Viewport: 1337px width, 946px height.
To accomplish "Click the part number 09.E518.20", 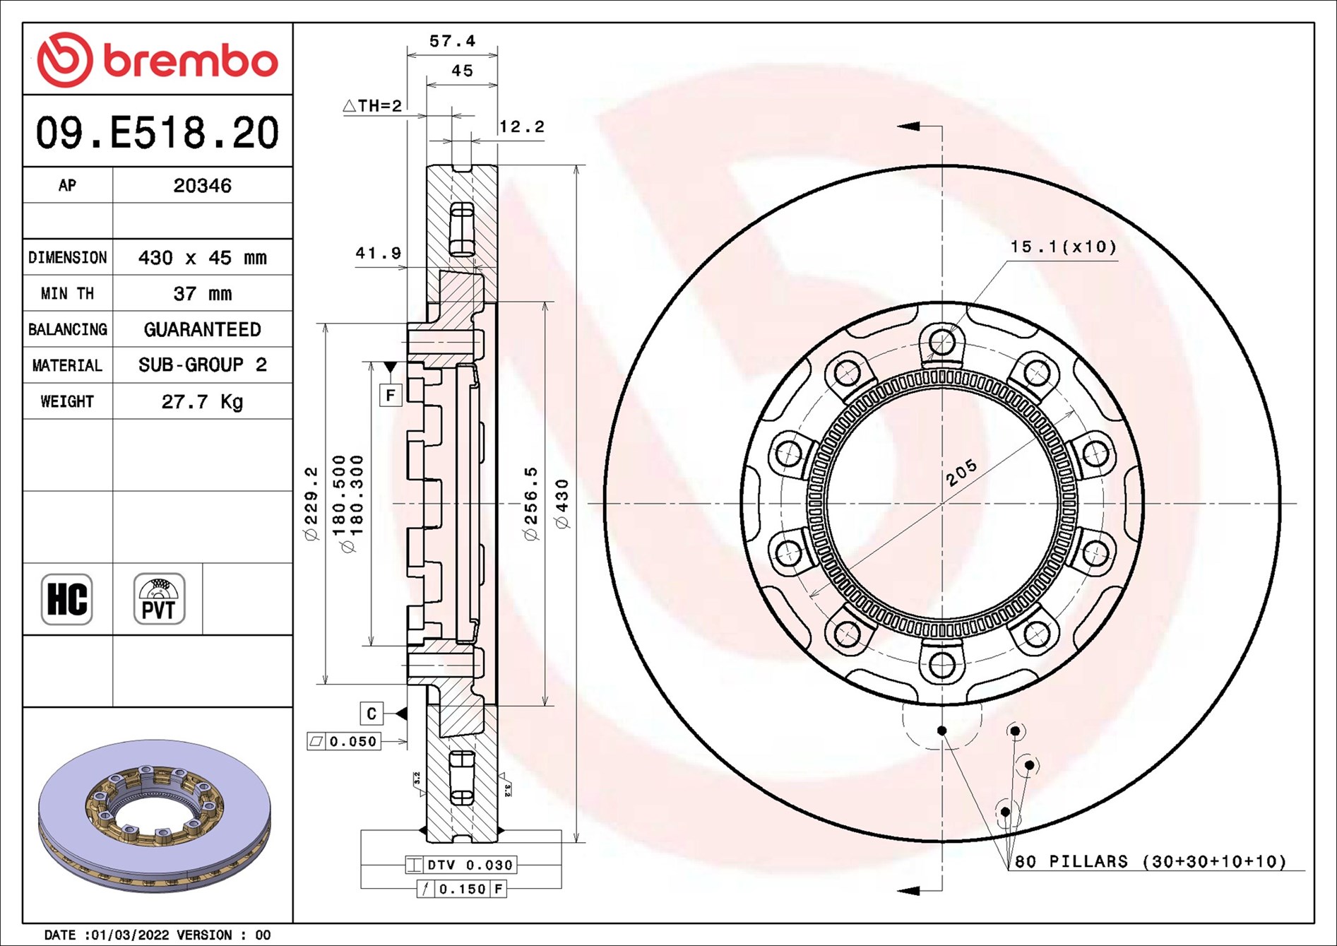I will tap(157, 133).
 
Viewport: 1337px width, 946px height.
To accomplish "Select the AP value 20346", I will tap(202, 186).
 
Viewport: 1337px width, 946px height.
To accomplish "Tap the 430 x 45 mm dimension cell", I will tap(202, 258).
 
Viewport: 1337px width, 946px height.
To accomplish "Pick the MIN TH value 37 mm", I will tap(202, 294).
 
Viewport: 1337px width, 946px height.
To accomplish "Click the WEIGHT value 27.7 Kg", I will tap(202, 402).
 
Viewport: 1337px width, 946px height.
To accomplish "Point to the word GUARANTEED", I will tap(202, 330).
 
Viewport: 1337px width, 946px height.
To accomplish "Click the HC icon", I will tap(67, 599).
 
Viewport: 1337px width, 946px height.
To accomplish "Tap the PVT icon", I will tap(159, 599).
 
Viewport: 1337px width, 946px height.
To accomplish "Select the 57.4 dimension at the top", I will tap(452, 42).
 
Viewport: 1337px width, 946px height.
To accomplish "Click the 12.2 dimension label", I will tap(522, 127).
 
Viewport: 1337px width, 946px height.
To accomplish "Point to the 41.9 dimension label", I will tap(378, 253).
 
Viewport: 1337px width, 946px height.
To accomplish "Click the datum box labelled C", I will tap(372, 714).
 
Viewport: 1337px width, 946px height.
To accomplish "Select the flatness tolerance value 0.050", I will tap(352, 741).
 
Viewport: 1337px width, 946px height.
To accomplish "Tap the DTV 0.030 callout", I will tap(470, 865).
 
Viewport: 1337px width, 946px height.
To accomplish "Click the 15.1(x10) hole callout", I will tap(1063, 247).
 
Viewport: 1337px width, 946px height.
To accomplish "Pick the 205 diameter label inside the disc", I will tap(961, 472).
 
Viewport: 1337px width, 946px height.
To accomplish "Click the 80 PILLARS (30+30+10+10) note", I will tap(1150, 861).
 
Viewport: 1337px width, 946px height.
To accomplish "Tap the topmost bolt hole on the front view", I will tap(941, 343).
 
